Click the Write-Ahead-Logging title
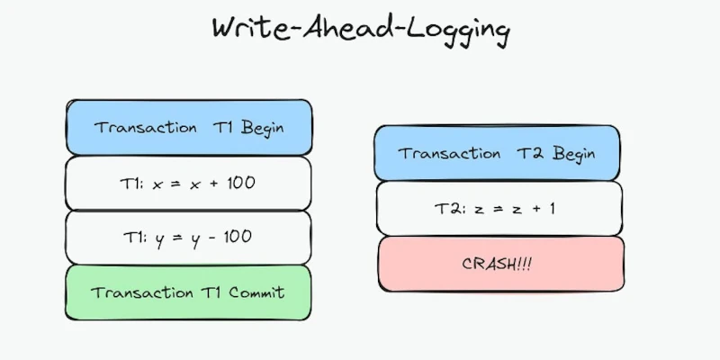360,29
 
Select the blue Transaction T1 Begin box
189,127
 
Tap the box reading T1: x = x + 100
189,183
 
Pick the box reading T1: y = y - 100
189,238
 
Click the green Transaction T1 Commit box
189,292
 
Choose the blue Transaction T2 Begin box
498,154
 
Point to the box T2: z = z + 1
498,208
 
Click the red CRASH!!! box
500,263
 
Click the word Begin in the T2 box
572,154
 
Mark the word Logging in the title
459,30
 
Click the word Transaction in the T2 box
449,154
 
